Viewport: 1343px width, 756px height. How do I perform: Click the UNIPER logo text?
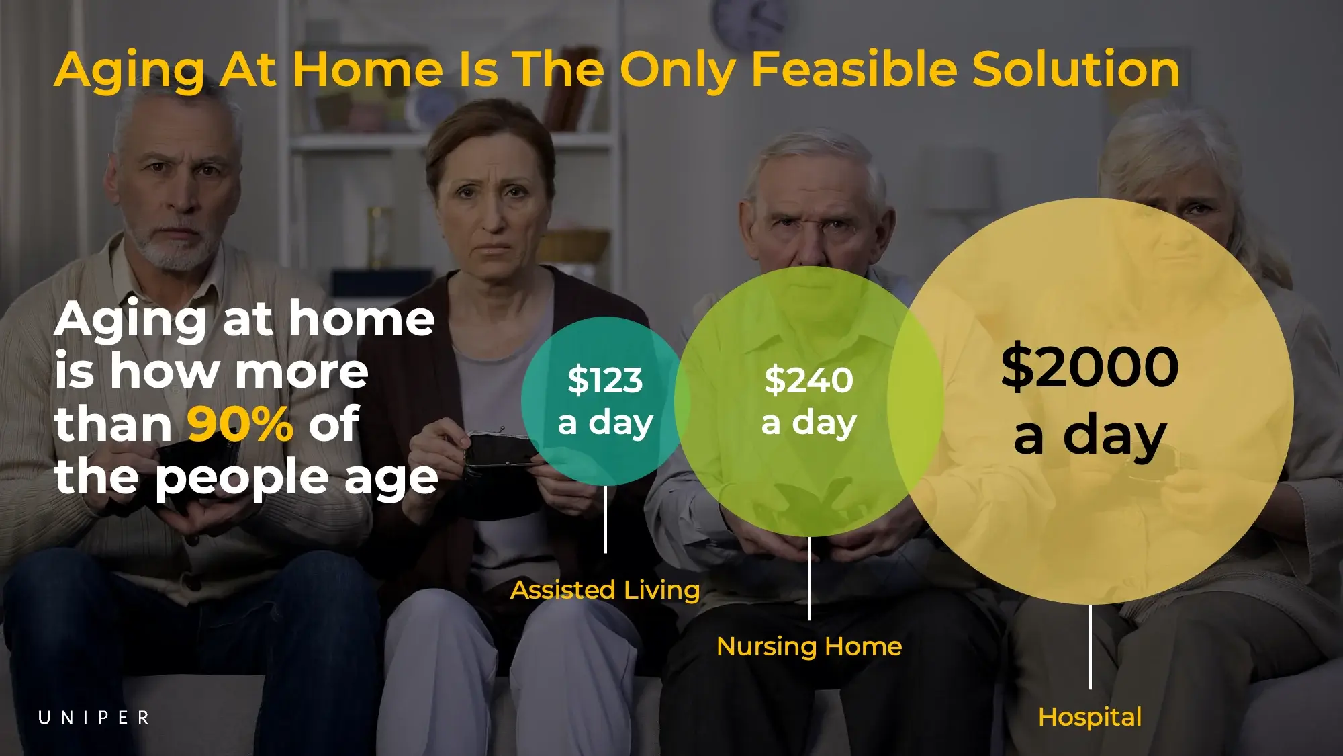pos(93,718)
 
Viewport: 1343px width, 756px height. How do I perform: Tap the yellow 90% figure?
pos(240,424)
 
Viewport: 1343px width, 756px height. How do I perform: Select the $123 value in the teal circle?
pos(605,380)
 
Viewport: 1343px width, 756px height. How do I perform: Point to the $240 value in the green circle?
pos(808,380)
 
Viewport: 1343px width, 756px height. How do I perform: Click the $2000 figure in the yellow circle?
pos(1089,367)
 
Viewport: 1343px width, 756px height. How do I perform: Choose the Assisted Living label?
pos(605,590)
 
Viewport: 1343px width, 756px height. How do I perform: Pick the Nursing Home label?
pos(809,646)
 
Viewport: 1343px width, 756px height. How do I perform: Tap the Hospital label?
pos(1090,717)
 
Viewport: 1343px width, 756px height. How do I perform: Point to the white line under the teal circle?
pos(606,519)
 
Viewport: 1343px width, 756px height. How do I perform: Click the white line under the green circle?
pos(809,578)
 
